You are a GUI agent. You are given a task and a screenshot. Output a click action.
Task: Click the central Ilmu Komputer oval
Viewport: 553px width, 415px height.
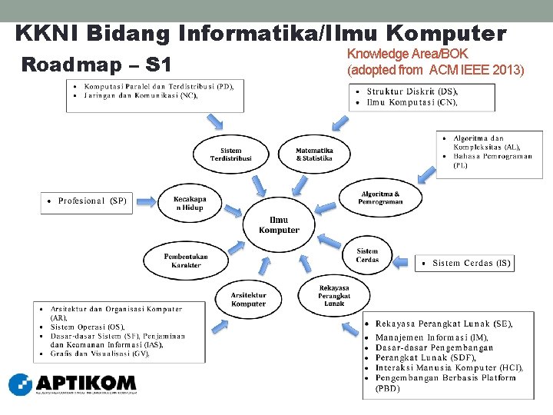tap(279, 225)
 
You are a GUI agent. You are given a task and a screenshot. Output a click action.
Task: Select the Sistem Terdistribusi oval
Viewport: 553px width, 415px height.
tap(230, 155)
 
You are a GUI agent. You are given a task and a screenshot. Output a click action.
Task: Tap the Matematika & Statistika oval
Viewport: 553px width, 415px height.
tap(314, 155)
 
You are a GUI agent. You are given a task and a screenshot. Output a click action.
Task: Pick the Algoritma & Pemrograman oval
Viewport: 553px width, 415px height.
tap(380, 198)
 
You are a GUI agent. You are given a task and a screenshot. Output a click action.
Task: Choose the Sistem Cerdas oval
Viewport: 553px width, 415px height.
tap(367, 255)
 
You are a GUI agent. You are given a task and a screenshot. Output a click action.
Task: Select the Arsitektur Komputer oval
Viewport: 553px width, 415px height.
tap(248, 300)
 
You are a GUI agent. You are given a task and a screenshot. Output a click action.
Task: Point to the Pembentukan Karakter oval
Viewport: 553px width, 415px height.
tap(186, 261)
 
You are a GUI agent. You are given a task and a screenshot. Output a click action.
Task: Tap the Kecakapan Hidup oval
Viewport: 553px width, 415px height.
tap(189, 203)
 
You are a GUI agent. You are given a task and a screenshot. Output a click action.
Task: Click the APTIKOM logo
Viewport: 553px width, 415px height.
tap(72, 383)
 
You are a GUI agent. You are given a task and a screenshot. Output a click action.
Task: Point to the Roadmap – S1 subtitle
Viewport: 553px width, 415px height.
tap(97, 64)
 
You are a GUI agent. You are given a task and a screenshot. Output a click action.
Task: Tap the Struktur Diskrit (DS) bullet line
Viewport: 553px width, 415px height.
tap(412, 91)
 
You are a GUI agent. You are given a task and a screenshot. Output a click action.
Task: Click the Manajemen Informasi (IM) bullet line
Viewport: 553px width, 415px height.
tap(432, 337)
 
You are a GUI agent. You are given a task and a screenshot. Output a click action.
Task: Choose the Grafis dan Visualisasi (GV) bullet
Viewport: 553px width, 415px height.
tap(100, 354)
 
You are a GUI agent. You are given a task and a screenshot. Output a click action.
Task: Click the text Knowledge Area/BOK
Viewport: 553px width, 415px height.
tap(407, 55)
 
